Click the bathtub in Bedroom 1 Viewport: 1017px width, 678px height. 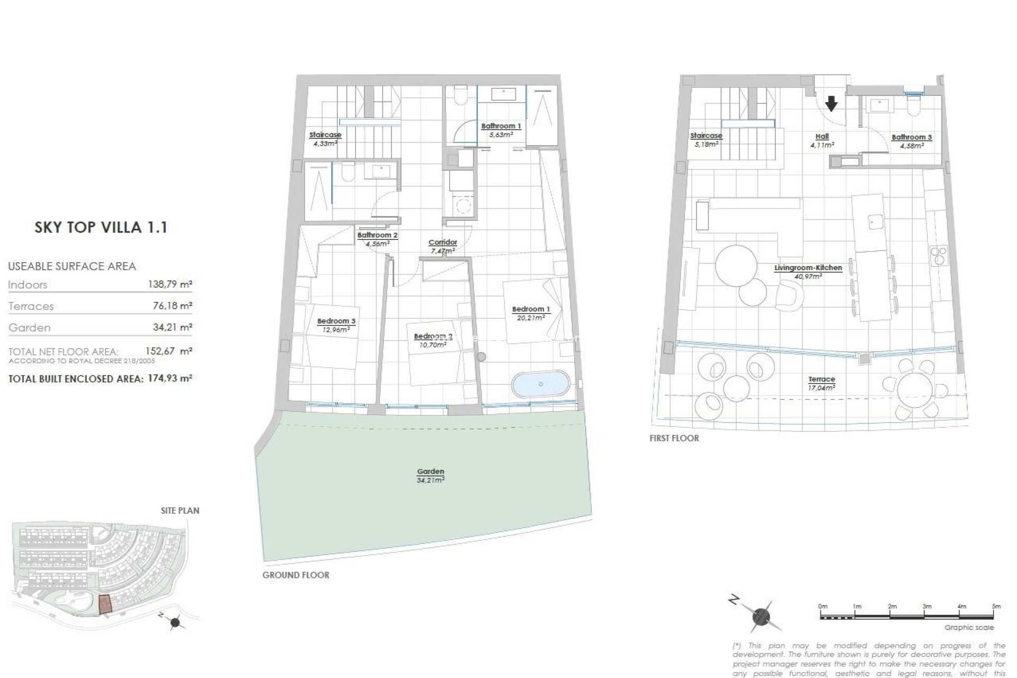coord(541,385)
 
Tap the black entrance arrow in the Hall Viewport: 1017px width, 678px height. coord(832,103)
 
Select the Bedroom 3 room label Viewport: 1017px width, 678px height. coord(336,321)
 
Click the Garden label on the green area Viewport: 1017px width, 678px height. coord(430,471)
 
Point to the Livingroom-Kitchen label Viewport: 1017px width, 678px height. coord(808,268)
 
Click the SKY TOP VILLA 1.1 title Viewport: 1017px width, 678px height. coord(101,228)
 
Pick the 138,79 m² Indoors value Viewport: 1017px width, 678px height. coord(169,284)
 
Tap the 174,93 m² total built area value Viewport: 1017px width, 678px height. coord(169,379)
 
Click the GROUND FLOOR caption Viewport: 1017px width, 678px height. coord(296,575)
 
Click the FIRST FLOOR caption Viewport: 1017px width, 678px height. coord(674,438)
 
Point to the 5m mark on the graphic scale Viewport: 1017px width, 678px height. coord(996,606)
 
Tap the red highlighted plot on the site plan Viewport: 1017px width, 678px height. coord(105,604)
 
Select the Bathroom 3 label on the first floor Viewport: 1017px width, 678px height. coord(912,137)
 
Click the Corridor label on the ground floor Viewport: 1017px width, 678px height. coord(442,243)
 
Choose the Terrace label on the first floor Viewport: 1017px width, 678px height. coord(822,379)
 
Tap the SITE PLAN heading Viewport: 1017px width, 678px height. coord(180,511)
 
